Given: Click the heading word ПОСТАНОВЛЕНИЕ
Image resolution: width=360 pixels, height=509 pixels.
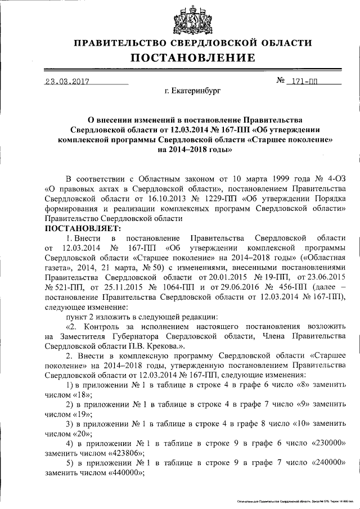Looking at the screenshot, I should point(193,58).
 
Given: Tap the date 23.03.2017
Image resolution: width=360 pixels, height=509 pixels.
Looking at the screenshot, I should point(67,80).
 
